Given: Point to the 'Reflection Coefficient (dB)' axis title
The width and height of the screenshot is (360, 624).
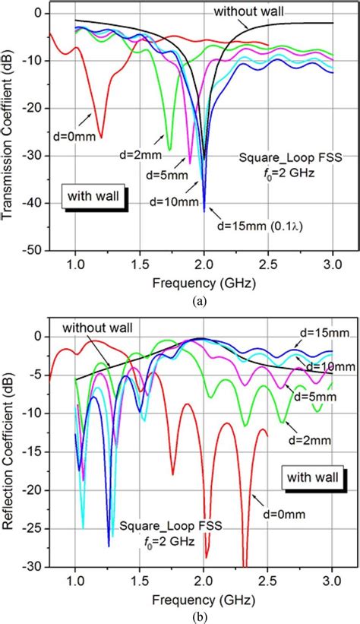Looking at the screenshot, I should pos(10,448).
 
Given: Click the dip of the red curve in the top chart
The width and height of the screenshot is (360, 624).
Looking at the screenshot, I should pos(100,136).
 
